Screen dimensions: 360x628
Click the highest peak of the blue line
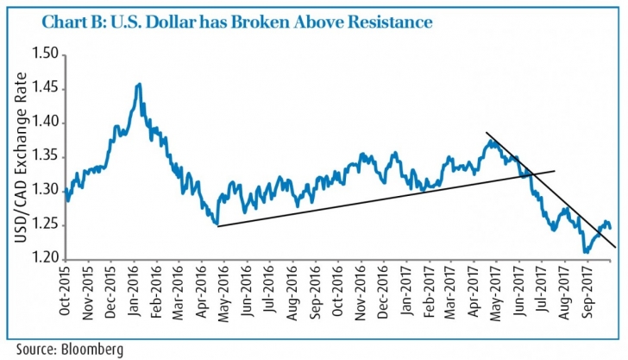(x=139, y=84)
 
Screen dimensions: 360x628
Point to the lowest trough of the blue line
(x=586, y=252)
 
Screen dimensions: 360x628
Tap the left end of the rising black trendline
(x=216, y=226)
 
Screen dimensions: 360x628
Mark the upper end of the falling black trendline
(x=487, y=133)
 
